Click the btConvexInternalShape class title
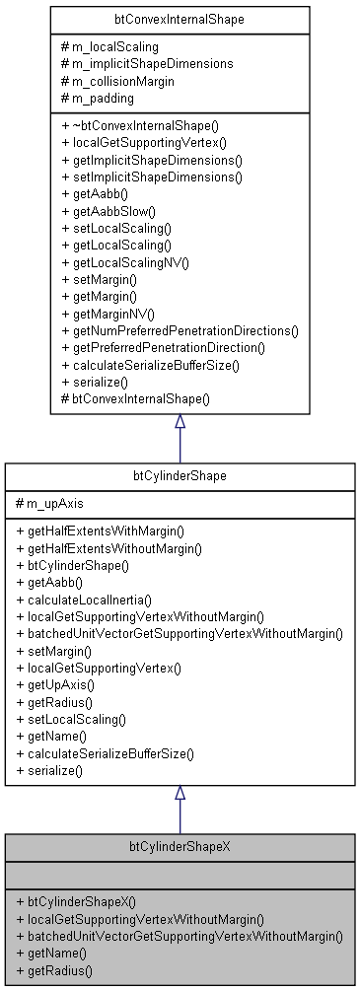point(180,19)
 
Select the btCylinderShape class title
point(180,476)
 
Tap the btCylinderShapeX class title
point(180,847)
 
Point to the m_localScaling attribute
point(110,46)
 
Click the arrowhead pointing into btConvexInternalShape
point(180,422)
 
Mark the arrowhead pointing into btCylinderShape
point(180,793)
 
